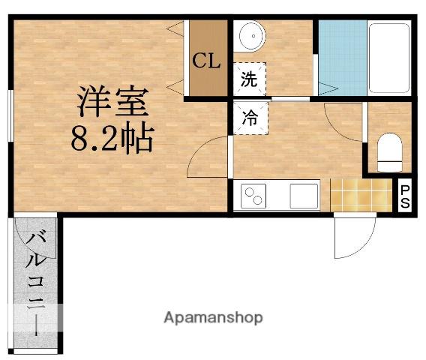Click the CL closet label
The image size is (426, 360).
pos(206,61)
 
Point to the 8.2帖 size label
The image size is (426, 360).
pos(112,139)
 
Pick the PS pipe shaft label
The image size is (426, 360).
pos(404,196)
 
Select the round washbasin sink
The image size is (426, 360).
pos(250,35)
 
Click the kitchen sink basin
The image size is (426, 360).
pos(302,196)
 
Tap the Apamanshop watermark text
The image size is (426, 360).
pos(213,317)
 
